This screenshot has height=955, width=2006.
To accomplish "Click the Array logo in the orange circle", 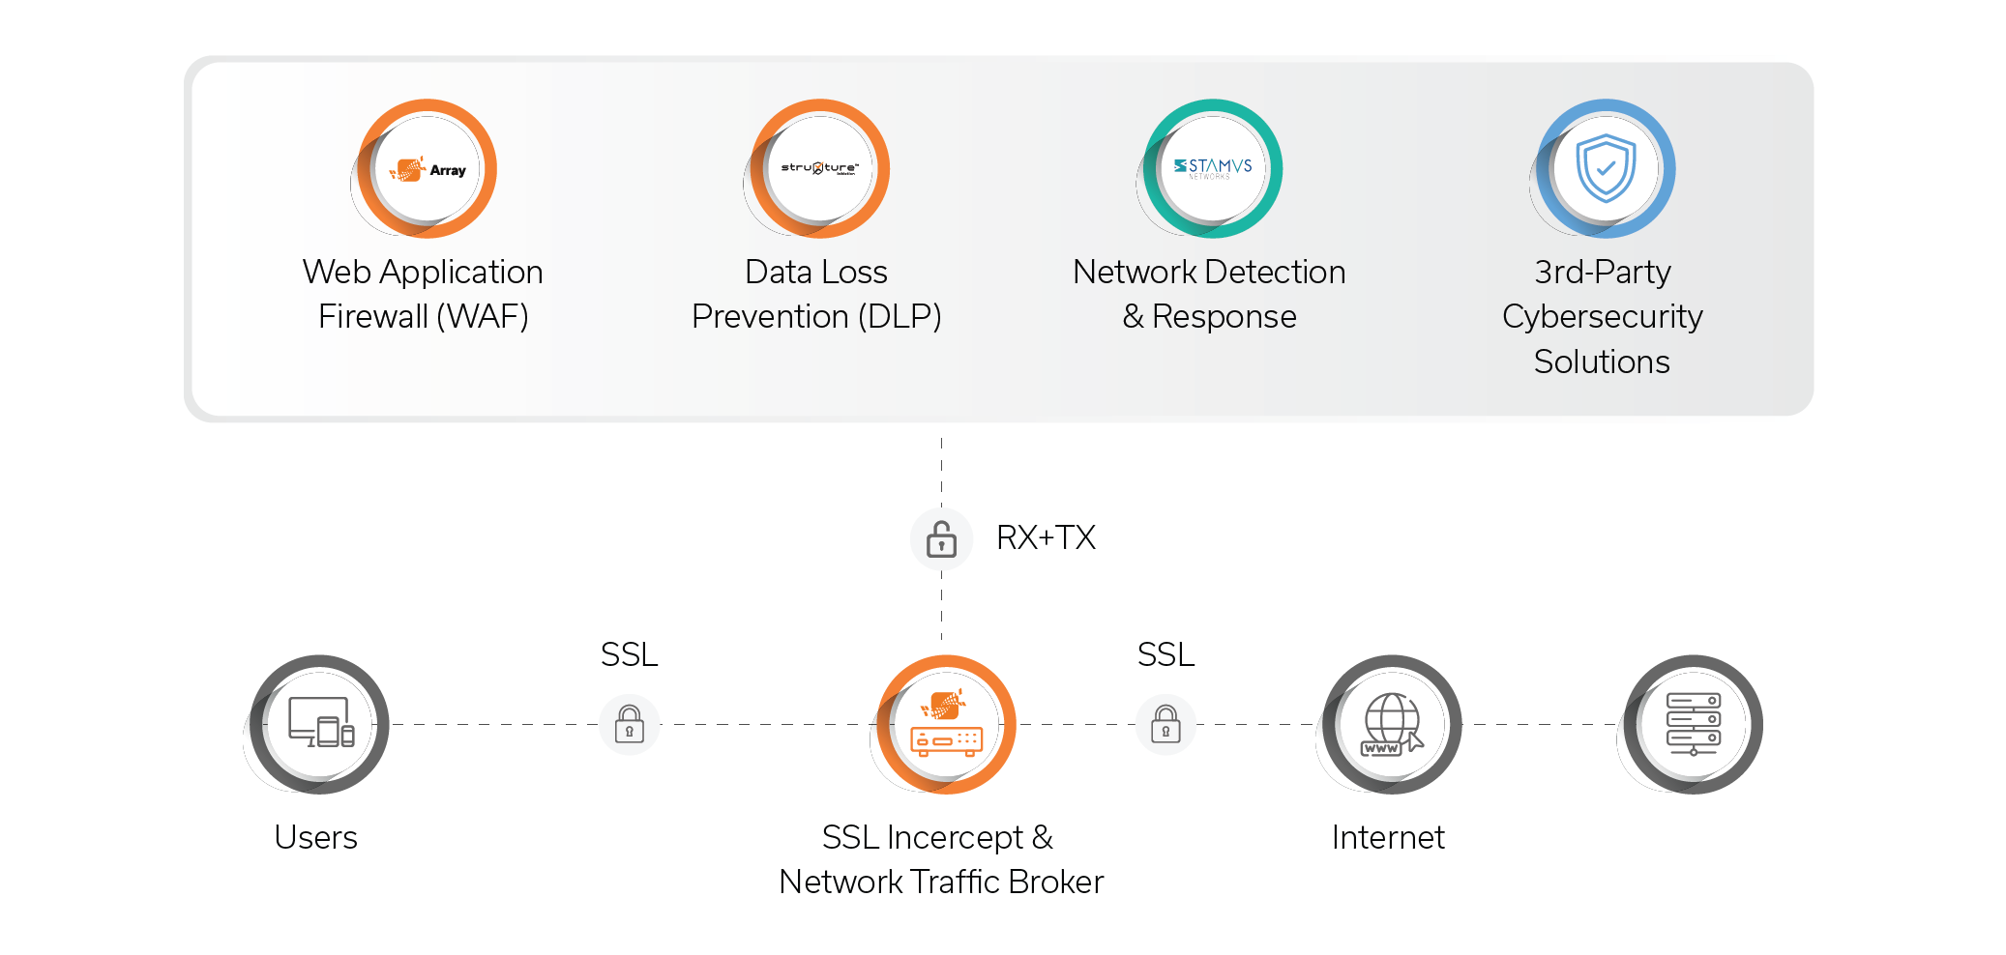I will pyautogui.click(x=428, y=169).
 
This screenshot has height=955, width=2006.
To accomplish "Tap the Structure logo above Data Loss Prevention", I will pyautogui.click(x=820, y=168).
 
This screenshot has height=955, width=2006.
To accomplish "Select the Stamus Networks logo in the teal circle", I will pyautogui.click(x=1213, y=168).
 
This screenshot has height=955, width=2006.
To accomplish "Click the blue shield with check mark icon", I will pyautogui.click(x=1606, y=168).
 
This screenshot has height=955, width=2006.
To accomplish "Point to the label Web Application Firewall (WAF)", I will pyautogui.click(x=423, y=294).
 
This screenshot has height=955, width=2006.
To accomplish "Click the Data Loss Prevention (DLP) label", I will pyautogui.click(x=816, y=294).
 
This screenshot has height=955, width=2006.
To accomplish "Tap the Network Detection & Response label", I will pyautogui.click(x=1209, y=294).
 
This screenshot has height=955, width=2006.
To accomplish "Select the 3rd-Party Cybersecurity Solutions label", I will pyautogui.click(x=1602, y=316).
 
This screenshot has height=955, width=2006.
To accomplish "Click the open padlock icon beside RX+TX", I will pyautogui.click(x=941, y=538).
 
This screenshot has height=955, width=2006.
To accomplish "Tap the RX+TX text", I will pyautogui.click(x=1046, y=537).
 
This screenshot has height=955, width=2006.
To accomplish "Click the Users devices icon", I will pyautogui.click(x=320, y=724).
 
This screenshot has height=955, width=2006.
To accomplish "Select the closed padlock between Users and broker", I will pyautogui.click(x=630, y=724).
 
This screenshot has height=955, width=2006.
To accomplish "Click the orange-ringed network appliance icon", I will pyautogui.click(x=946, y=725).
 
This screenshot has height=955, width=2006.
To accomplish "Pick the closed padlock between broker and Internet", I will pyautogui.click(x=1165, y=724).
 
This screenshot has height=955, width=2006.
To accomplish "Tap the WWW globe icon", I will pyautogui.click(x=1392, y=724).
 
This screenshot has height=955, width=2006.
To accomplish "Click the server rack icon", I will pyautogui.click(x=1693, y=724).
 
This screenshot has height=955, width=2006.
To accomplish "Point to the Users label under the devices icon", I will pyautogui.click(x=315, y=837).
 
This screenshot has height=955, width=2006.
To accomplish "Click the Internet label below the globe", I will pyautogui.click(x=1388, y=837).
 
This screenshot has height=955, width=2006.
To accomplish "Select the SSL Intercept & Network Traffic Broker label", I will pyautogui.click(x=940, y=859).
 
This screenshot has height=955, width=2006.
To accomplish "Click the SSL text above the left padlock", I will pyautogui.click(x=629, y=654).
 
